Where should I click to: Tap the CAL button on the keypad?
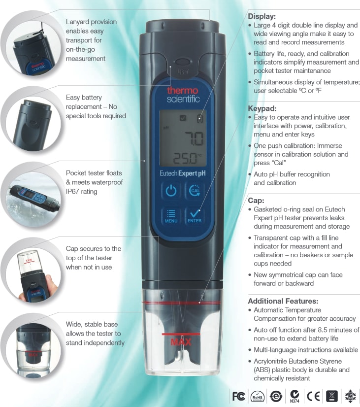coord(194,191)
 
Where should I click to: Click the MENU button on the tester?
coord(171,216)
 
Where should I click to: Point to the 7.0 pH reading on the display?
coord(194,138)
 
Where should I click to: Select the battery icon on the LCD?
coord(200,118)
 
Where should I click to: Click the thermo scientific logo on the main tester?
coord(183,95)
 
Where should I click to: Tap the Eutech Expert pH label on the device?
coord(183,173)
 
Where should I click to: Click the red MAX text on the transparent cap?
coord(181,342)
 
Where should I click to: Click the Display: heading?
coord(262,16)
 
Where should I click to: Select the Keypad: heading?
coord(262,108)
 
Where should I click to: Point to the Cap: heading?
coord(256,201)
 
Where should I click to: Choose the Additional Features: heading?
coord(283,301)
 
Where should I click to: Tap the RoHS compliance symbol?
coord(257,397)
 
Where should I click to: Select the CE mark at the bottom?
coord(313,396)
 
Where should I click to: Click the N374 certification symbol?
coord(295,396)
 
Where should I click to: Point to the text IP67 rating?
coord(81,192)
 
